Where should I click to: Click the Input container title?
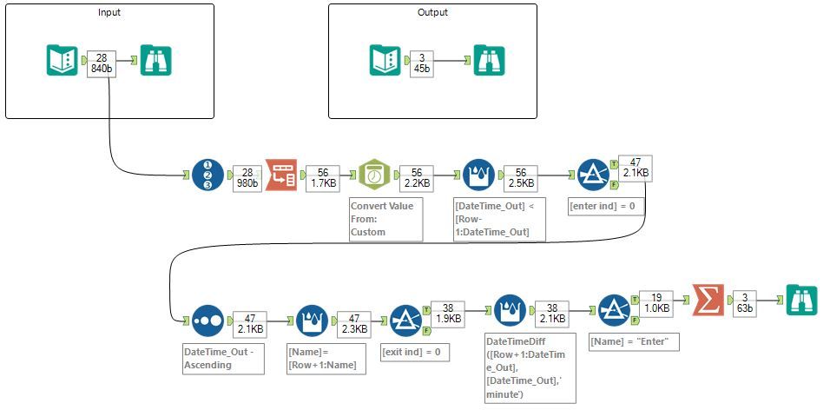point(109,12)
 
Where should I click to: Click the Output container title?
point(432,12)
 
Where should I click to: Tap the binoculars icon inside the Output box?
point(489,61)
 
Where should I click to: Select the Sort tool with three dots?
point(207,320)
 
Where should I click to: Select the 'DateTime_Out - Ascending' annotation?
point(221,359)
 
